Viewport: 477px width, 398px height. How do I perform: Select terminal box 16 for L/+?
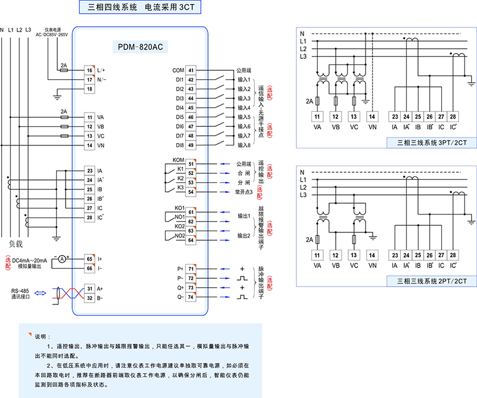point(89,70)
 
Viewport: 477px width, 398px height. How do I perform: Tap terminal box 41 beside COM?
point(191,70)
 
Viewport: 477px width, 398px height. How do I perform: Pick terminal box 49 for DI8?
point(191,145)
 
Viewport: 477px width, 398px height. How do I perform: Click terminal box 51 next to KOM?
point(191,163)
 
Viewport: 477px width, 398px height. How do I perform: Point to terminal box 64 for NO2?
point(191,240)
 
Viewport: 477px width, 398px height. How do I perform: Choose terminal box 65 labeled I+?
point(89,259)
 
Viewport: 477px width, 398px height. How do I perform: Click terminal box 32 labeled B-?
point(89,297)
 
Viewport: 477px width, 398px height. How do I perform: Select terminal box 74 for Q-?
point(191,297)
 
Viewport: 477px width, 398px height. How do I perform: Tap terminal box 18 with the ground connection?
point(89,89)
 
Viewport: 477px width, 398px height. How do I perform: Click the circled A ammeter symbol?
point(61,258)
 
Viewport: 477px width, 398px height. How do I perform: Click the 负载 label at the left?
point(16,244)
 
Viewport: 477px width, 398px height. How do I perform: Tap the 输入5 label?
point(243,117)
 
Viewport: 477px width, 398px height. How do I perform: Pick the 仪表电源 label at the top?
point(53,29)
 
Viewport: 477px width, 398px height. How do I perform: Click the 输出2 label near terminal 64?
point(243,236)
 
